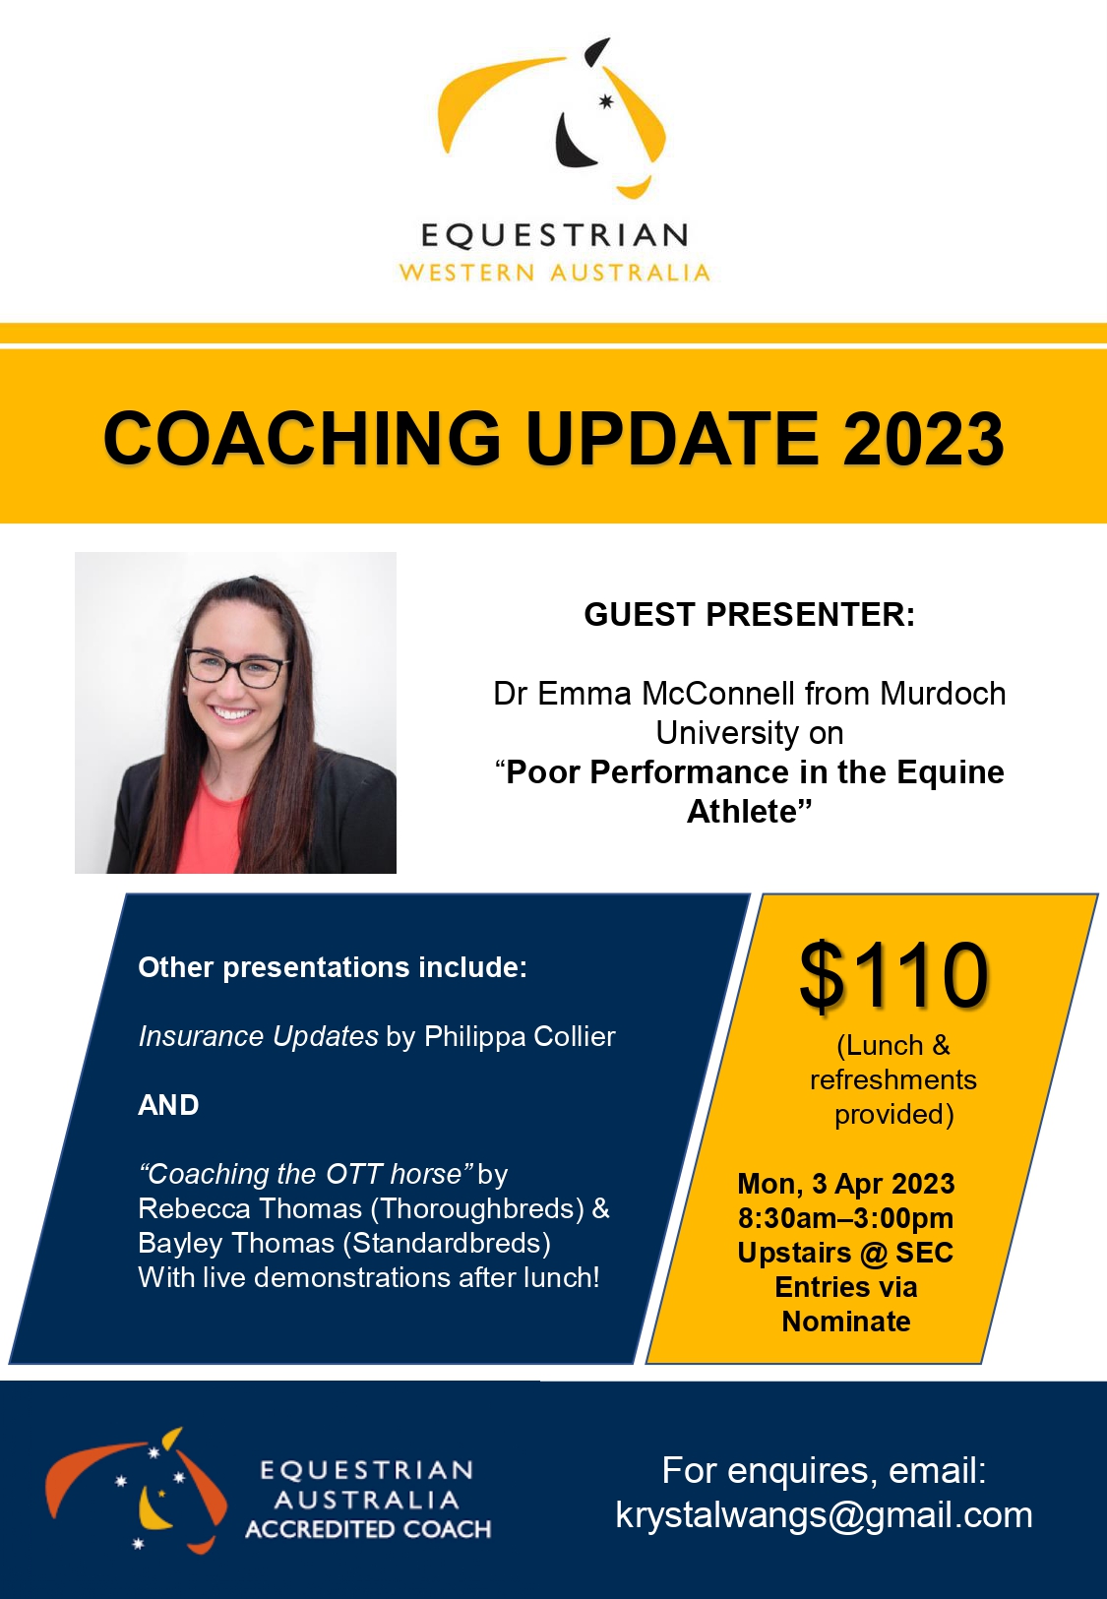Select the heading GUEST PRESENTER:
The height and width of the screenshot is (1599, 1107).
(750, 615)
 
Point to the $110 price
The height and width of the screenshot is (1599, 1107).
(893, 974)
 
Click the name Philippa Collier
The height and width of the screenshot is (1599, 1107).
(520, 1036)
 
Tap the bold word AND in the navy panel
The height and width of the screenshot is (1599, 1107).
(168, 1105)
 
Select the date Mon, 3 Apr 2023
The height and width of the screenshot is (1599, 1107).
(846, 1184)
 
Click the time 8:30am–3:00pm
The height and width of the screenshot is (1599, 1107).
(846, 1218)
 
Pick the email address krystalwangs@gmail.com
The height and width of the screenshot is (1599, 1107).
(825, 1515)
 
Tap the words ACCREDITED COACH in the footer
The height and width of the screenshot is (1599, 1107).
(368, 1529)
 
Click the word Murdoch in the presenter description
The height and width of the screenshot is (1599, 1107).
(943, 693)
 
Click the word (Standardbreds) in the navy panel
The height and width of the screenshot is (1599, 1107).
(447, 1243)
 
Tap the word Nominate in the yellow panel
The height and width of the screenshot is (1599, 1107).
(846, 1322)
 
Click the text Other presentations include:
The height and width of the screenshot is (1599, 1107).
(333, 967)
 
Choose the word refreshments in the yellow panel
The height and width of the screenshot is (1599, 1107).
(892, 1079)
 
